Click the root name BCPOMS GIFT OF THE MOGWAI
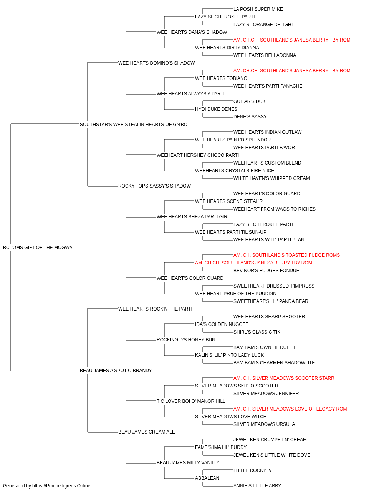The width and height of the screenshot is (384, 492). point(38,248)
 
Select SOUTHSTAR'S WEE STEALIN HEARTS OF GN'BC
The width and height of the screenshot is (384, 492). point(133,125)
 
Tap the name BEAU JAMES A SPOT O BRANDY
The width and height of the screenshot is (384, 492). point(116,371)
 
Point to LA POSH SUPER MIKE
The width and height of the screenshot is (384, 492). point(258,9)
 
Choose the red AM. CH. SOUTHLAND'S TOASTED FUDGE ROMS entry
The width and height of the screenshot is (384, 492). point(286,255)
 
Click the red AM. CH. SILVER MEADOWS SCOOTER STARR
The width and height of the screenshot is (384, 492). point(284,378)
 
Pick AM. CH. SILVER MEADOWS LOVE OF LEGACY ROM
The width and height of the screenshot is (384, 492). point(290,409)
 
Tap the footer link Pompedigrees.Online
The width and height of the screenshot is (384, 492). point(61,486)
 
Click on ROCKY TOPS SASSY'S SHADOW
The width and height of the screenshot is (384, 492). point(154,186)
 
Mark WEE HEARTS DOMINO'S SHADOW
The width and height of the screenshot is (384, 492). point(157,63)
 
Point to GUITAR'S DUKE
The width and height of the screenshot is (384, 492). point(251,101)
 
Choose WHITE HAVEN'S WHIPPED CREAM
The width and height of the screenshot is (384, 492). point(271,178)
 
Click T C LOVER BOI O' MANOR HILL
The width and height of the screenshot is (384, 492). point(191,401)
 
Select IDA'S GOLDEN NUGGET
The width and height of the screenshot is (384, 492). point(222,324)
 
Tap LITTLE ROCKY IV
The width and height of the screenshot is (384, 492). point(253,470)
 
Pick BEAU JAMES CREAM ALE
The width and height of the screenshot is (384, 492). point(147,432)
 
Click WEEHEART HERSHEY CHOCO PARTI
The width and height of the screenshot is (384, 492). point(198,155)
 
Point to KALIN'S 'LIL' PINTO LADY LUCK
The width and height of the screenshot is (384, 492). point(230,355)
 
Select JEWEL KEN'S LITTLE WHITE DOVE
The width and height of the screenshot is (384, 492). point(272,455)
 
